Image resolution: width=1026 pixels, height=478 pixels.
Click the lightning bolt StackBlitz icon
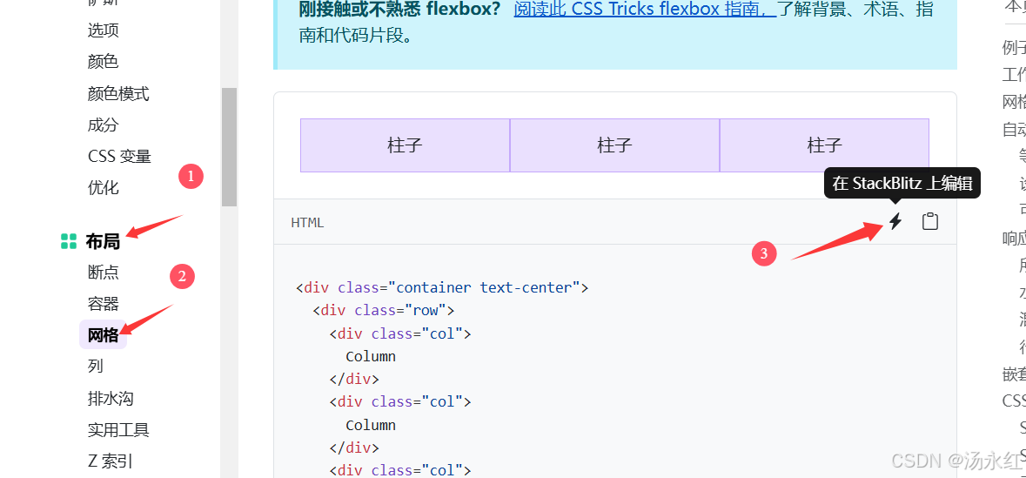pos(895,222)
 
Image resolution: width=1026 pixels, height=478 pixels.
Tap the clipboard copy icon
pos(930,222)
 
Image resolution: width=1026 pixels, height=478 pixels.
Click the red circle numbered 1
pos(191,177)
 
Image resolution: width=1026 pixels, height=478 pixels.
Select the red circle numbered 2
pos(182,277)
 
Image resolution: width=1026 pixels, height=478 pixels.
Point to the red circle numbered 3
pos(764,253)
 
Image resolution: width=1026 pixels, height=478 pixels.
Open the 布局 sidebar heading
pos(103,241)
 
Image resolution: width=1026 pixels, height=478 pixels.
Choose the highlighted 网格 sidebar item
pos(103,334)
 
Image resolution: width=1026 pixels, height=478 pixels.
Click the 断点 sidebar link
pos(103,272)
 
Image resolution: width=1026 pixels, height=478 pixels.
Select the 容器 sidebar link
pos(103,303)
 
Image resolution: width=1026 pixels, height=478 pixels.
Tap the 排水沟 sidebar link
pos(111,398)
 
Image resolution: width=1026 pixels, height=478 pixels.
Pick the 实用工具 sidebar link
pos(118,429)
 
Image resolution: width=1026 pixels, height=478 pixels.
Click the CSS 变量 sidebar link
pos(119,156)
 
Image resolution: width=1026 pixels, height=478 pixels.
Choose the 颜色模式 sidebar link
pos(118,93)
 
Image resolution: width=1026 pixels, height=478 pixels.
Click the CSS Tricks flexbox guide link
pos(644,10)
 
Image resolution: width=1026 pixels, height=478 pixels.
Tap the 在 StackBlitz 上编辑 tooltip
pos(902,183)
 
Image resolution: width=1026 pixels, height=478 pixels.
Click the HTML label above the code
pos(307,222)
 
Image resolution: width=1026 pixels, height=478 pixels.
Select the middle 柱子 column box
pos(614,145)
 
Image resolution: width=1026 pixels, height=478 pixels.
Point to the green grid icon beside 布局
pos(69,241)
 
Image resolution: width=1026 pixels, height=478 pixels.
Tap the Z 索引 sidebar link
pos(111,461)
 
